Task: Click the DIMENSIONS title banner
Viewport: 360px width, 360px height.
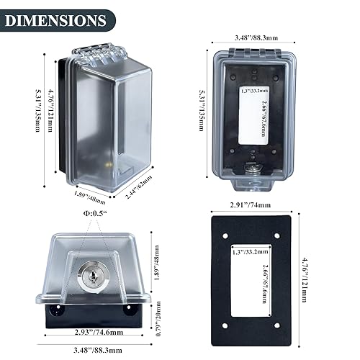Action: coord(56,19)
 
